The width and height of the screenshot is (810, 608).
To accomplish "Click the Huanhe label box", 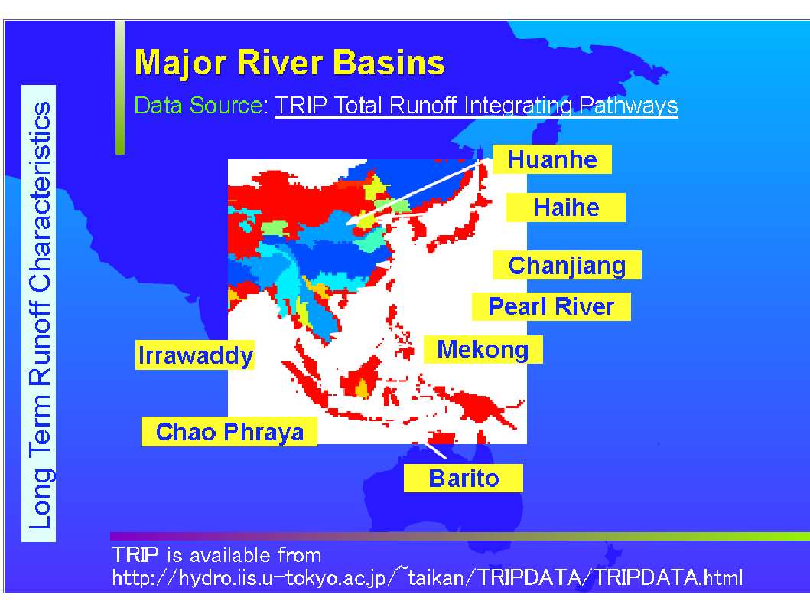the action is click(x=551, y=159).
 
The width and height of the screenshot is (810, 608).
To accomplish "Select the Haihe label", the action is click(x=566, y=208).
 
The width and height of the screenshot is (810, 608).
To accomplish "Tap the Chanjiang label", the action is click(x=567, y=265).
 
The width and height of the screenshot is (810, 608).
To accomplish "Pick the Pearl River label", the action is click(x=551, y=306).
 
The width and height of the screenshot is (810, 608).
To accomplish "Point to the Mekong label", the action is click(x=483, y=349).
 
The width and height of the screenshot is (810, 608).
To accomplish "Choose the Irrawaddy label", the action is click(x=195, y=355).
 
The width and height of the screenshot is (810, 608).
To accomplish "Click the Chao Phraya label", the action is click(x=229, y=432).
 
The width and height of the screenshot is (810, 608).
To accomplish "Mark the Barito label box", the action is click(x=464, y=479).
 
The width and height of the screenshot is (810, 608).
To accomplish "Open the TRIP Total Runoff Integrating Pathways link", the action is click(x=476, y=106).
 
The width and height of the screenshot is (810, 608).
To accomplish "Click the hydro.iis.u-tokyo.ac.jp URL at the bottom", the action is click(x=428, y=577).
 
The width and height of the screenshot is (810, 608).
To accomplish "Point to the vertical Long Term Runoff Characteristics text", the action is click(x=39, y=315).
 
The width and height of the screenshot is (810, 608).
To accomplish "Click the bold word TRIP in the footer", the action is click(x=135, y=554).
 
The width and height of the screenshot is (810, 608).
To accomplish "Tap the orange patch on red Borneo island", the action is click(x=362, y=387).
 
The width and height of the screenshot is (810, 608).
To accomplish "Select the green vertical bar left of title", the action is click(x=120, y=87).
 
